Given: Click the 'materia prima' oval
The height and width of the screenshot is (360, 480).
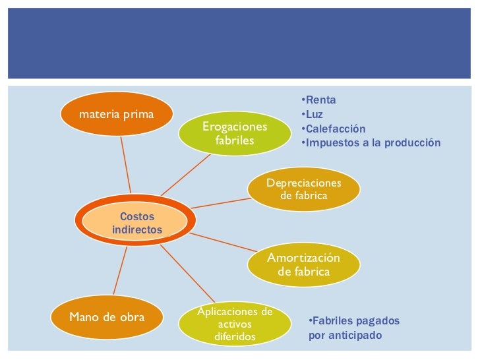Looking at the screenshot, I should (117, 114).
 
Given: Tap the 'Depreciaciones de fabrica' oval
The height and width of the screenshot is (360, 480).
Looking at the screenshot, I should (304, 189).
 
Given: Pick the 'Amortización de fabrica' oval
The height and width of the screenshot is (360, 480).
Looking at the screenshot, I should (304, 265).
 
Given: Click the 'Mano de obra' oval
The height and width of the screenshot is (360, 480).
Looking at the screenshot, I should (107, 316).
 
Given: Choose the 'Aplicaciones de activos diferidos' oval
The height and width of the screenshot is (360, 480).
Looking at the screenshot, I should (235, 324).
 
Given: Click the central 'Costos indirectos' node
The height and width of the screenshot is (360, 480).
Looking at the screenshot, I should (136, 223).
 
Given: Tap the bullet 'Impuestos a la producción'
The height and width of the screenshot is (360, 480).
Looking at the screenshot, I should (370, 143).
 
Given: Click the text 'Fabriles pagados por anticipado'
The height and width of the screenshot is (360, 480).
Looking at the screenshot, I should (354, 328).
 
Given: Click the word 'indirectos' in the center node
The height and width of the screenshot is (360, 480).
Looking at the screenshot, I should (137, 229).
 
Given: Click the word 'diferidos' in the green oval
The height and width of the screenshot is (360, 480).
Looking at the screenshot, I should (235, 337).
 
